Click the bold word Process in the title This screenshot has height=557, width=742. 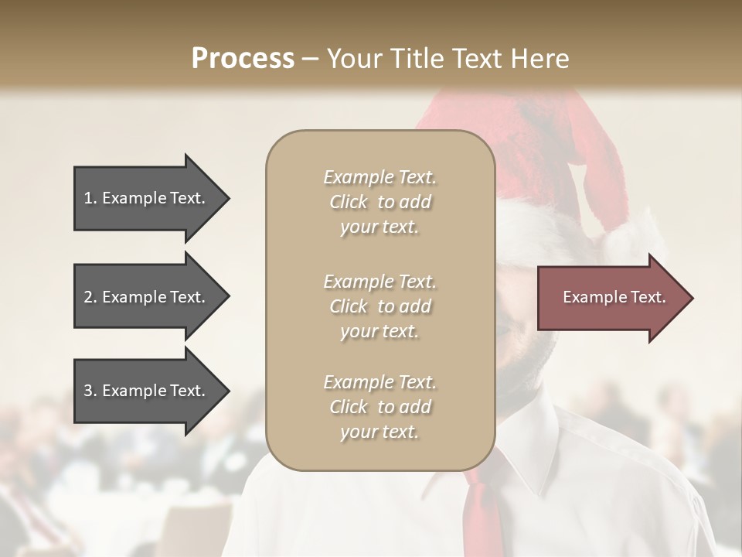click(243, 59)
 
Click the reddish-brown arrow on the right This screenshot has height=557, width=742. click(611, 298)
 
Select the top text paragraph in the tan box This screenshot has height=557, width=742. click(380, 202)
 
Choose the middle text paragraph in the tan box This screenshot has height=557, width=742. click(380, 306)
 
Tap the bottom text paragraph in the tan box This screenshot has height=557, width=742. click(380, 407)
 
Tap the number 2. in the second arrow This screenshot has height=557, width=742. click(90, 297)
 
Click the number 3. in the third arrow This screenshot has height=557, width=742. click(90, 391)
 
